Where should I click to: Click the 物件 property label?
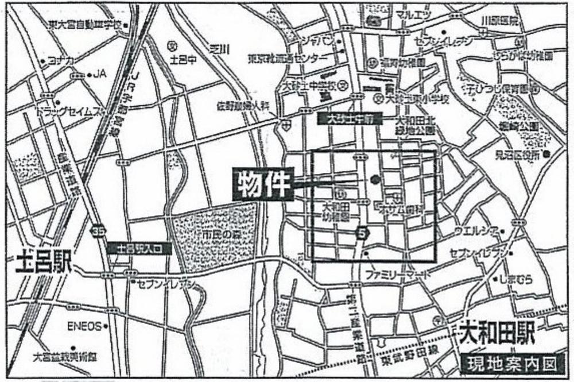tap(263, 184)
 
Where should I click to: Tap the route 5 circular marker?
tap(361, 233)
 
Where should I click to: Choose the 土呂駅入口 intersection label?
tap(138, 249)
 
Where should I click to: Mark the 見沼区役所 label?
tap(517, 154)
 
